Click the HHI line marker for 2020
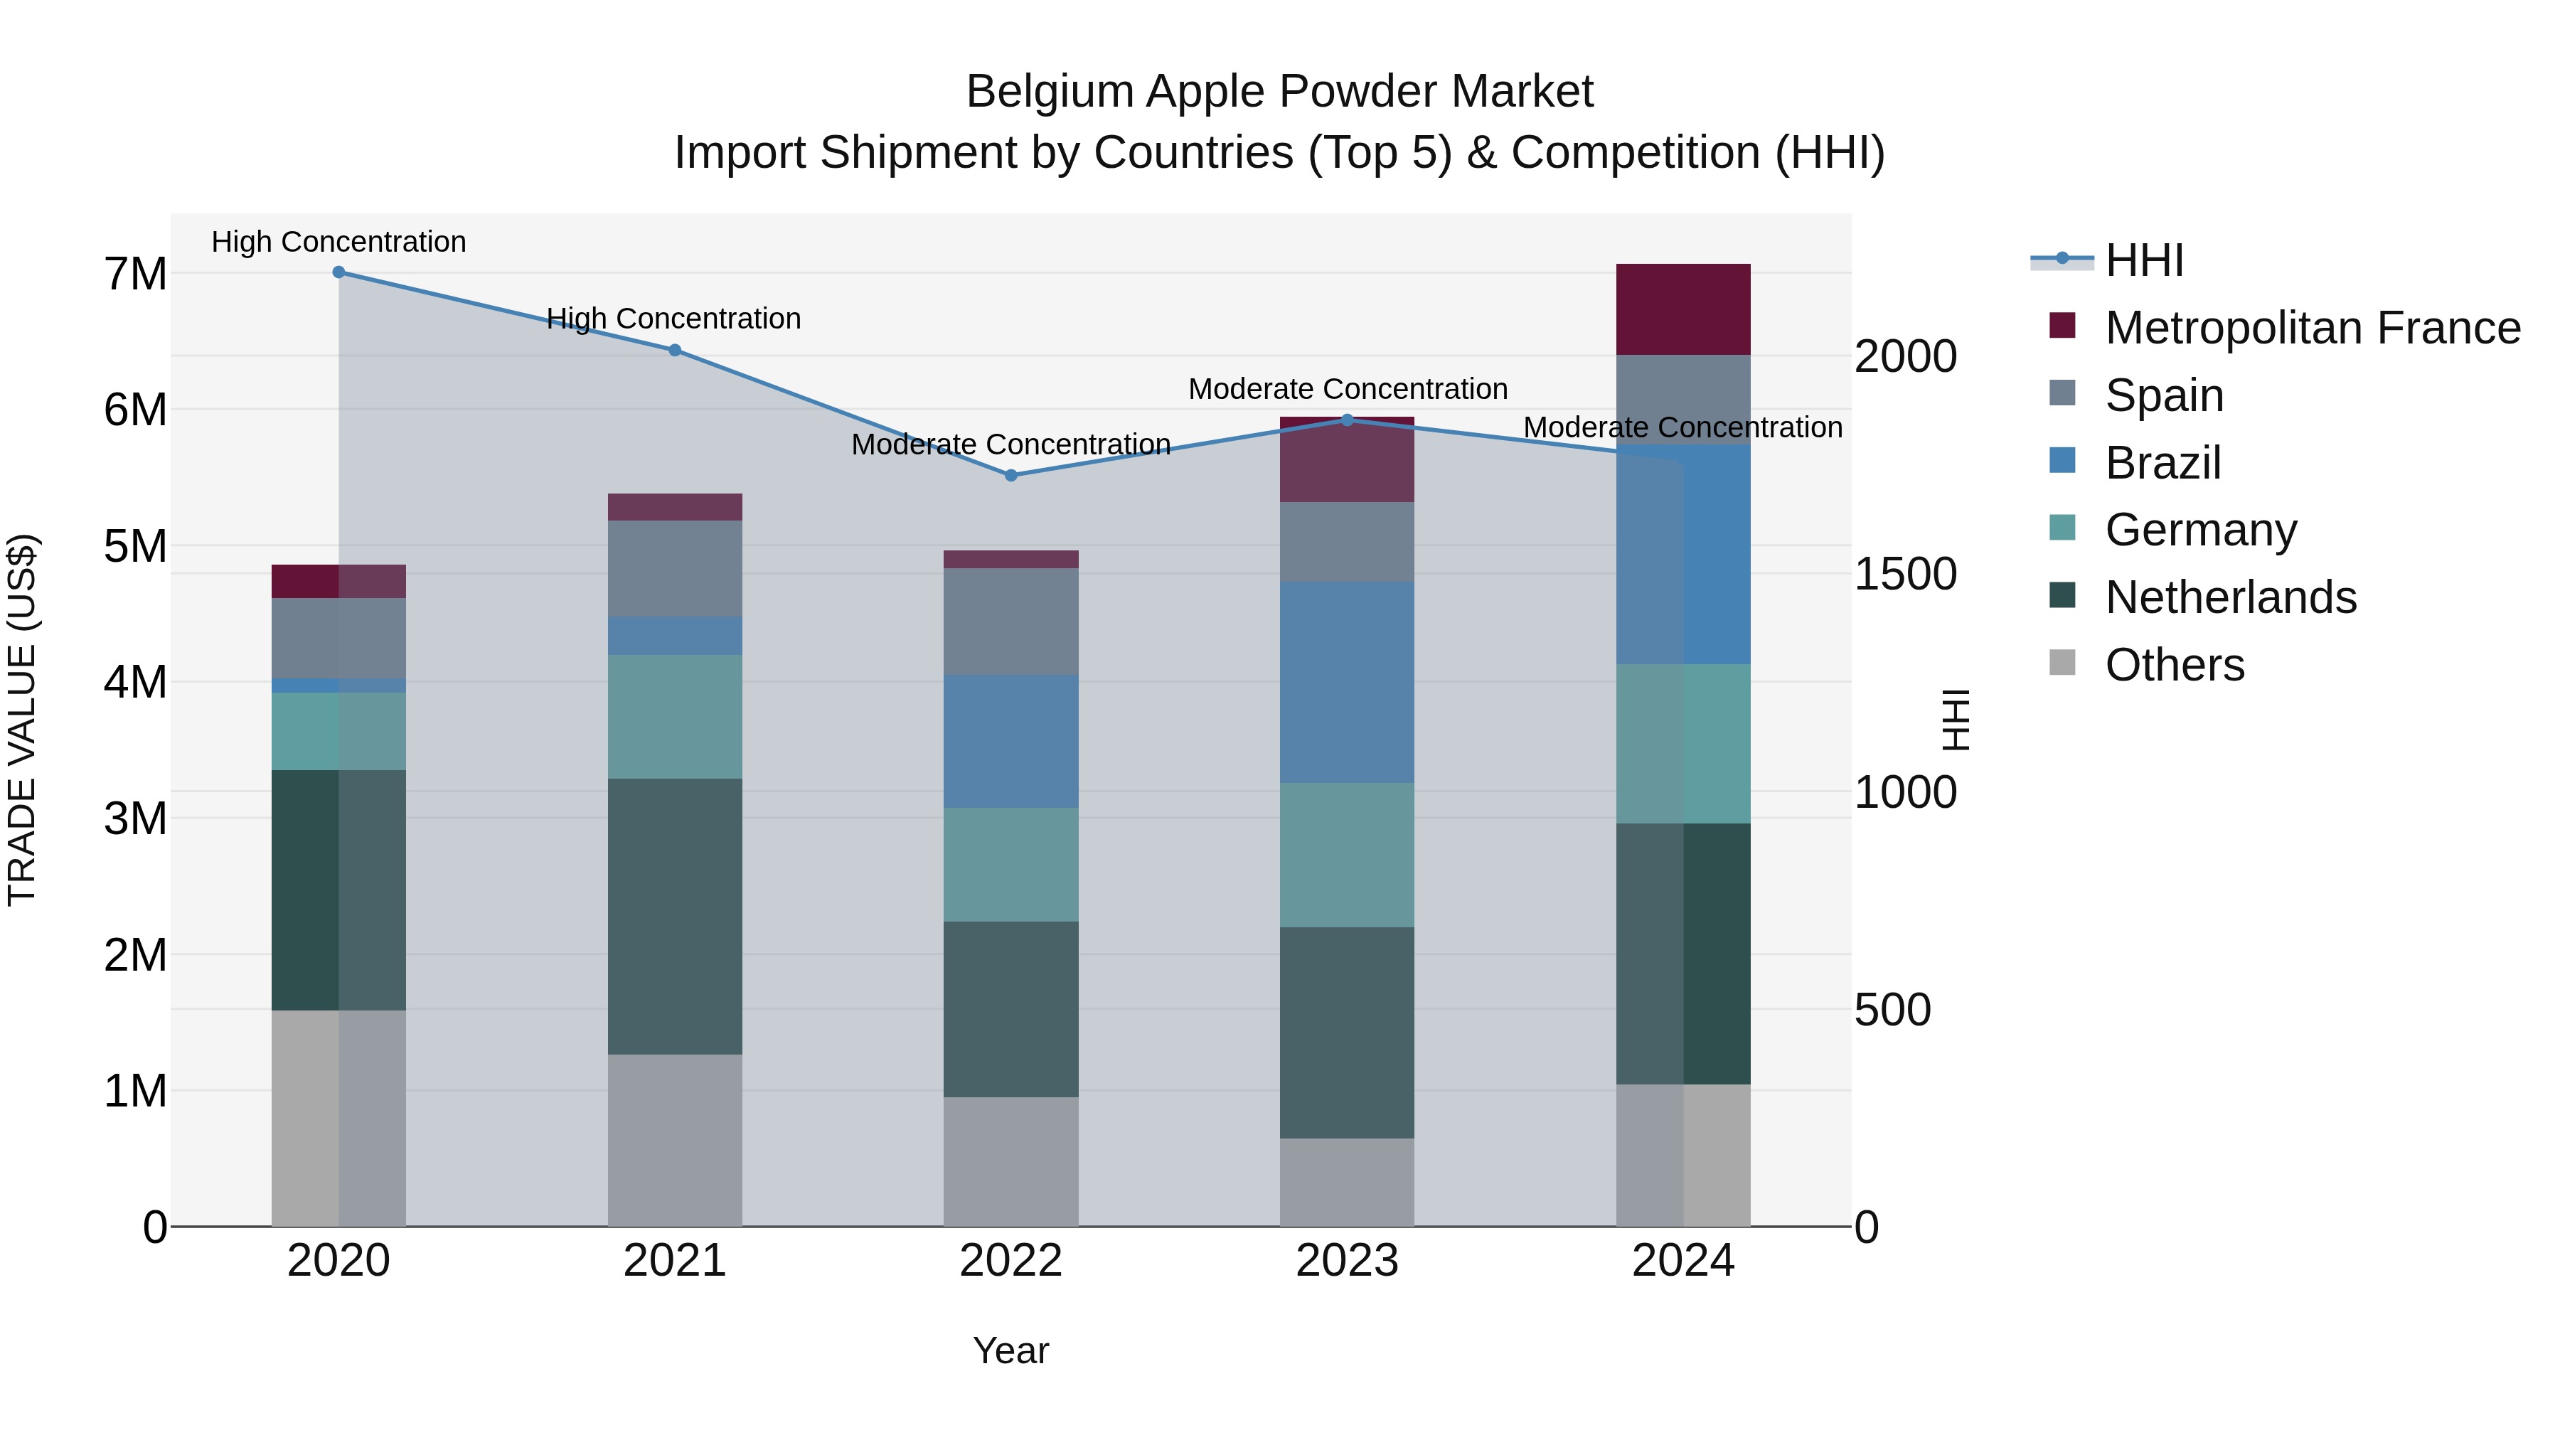pos(339,272)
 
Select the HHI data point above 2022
pos(1010,476)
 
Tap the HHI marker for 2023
pos(1348,420)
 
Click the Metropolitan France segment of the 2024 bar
pos(1682,309)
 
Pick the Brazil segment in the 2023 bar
pos(1347,683)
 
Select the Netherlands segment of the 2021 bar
pos(675,917)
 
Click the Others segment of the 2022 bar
pos(1010,1162)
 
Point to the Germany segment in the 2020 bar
pos(339,732)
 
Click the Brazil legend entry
pos(2162,463)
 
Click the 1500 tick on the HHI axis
pos(1905,575)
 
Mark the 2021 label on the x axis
pos(675,1261)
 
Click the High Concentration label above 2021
pos(674,319)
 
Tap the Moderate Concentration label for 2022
pos(1010,444)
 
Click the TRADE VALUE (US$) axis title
pos(22,720)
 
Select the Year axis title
pos(1010,1350)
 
